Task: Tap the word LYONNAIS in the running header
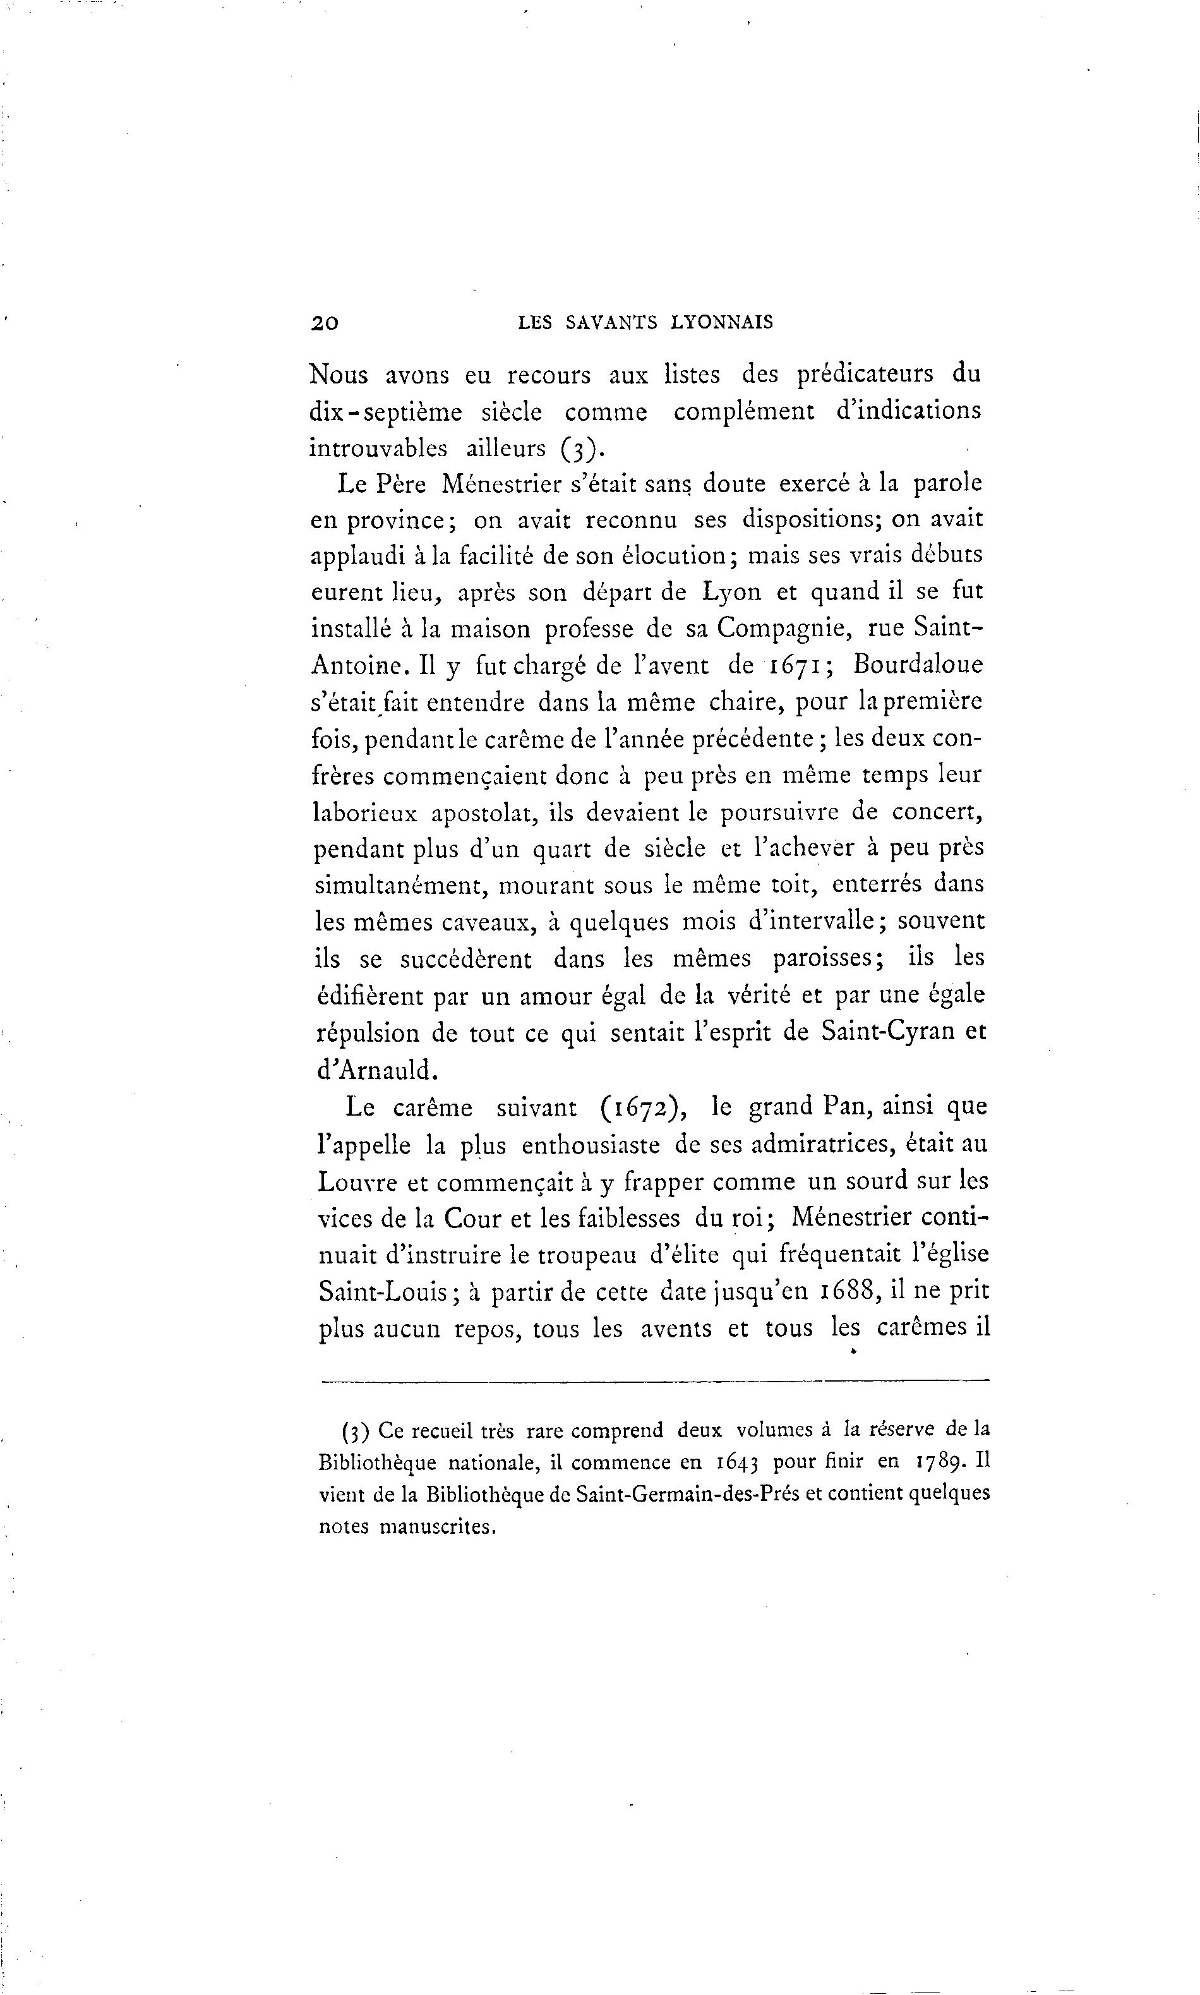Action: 721,323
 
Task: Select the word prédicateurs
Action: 865,375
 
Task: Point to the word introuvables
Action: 378,448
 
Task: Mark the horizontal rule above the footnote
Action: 655,1380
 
